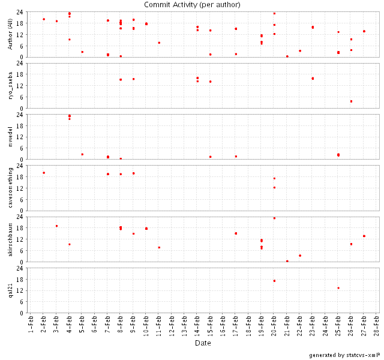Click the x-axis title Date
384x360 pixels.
coord(203,343)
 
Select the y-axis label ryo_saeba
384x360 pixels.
coord(10,85)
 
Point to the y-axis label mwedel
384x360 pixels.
coord(10,137)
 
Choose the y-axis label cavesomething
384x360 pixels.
coord(10,188)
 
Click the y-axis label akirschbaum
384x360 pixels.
coord(10,239)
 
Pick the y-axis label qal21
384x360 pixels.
coord(10,290)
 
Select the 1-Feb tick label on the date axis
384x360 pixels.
coord(31,325)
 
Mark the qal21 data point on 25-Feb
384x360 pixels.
coord(338,288)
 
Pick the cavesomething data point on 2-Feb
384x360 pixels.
coord(44,173)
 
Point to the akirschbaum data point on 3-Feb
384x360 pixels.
coord(56,226)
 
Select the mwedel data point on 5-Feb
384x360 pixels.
coord(82,154)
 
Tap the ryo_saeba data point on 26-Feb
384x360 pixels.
coord(351,101)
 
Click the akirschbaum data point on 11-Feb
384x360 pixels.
coord(159,247)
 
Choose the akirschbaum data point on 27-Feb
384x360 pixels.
coord(364,236)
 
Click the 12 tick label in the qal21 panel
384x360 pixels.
coord(20,290)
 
